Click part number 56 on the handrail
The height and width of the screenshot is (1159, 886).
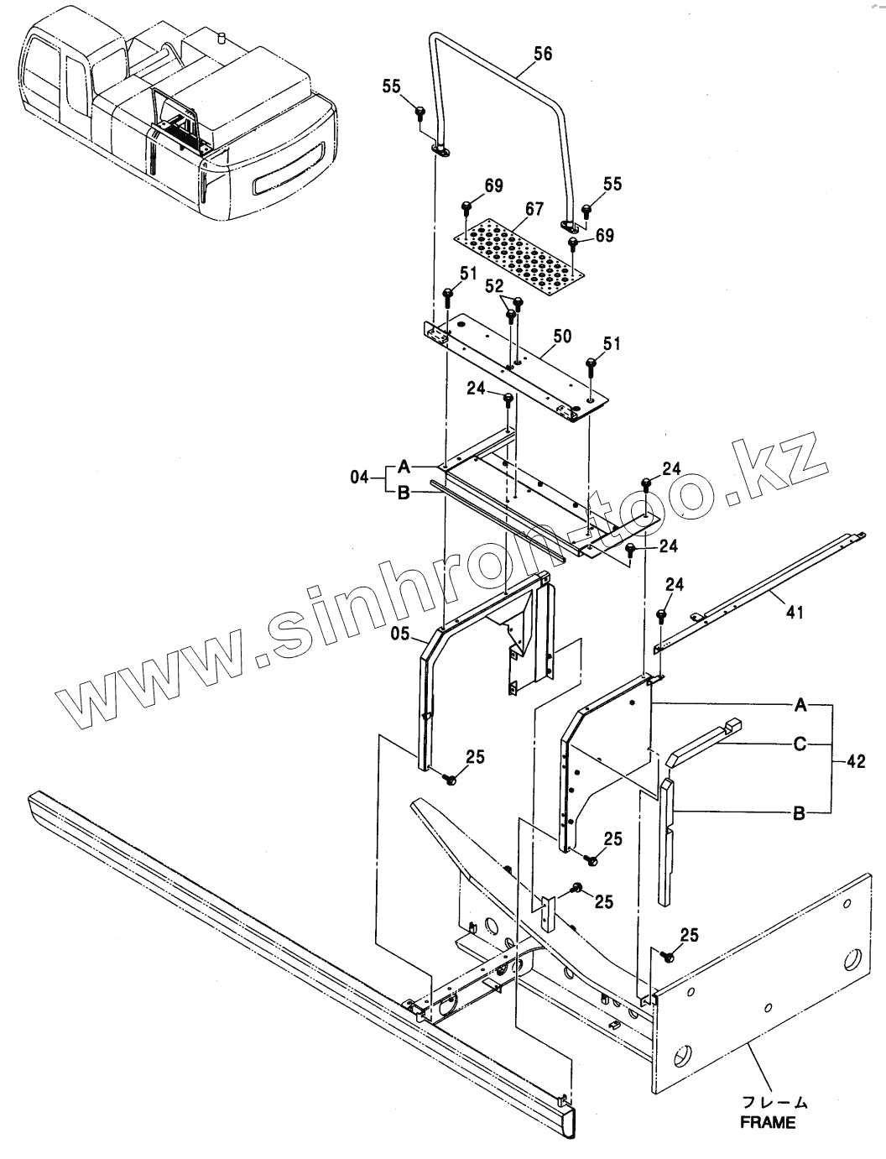point(543,55)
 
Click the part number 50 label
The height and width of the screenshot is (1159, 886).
point(561,337)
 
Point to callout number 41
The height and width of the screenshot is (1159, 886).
point(794,612)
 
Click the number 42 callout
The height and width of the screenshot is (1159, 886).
point(856,762)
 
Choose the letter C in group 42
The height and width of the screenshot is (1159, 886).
point(800,743)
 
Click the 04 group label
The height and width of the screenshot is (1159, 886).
point(359,478)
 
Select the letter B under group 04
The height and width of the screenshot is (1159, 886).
point(403,493)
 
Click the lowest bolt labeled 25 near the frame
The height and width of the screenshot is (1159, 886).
point(670,954)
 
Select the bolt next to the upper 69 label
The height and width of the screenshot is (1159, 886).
point(466,207)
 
